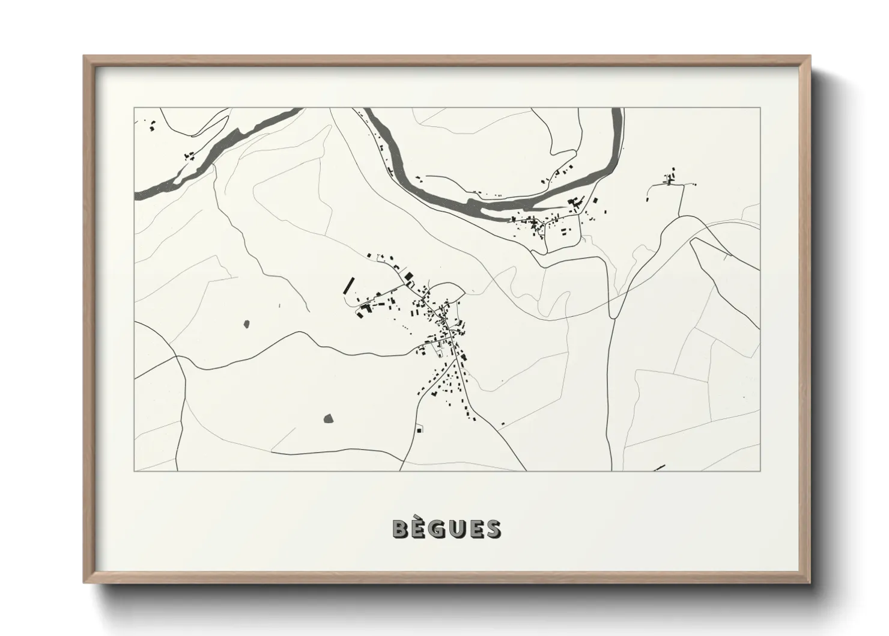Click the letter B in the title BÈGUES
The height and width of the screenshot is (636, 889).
tap(401, 529)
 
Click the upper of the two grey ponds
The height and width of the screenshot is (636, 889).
tap(246, 325)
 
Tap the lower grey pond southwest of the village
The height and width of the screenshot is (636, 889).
tap(328, 418)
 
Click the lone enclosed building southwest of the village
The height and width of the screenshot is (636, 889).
tap(419, 429)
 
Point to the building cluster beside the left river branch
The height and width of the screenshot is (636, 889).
tap(190, 156)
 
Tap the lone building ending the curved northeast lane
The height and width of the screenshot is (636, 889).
tap(649, 196)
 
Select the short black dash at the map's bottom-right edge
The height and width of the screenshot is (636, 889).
tap(660, 467)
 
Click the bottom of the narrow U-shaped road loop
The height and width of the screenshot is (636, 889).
tap(613, 315)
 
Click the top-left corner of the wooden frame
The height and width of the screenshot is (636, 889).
tap(85, 57)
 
